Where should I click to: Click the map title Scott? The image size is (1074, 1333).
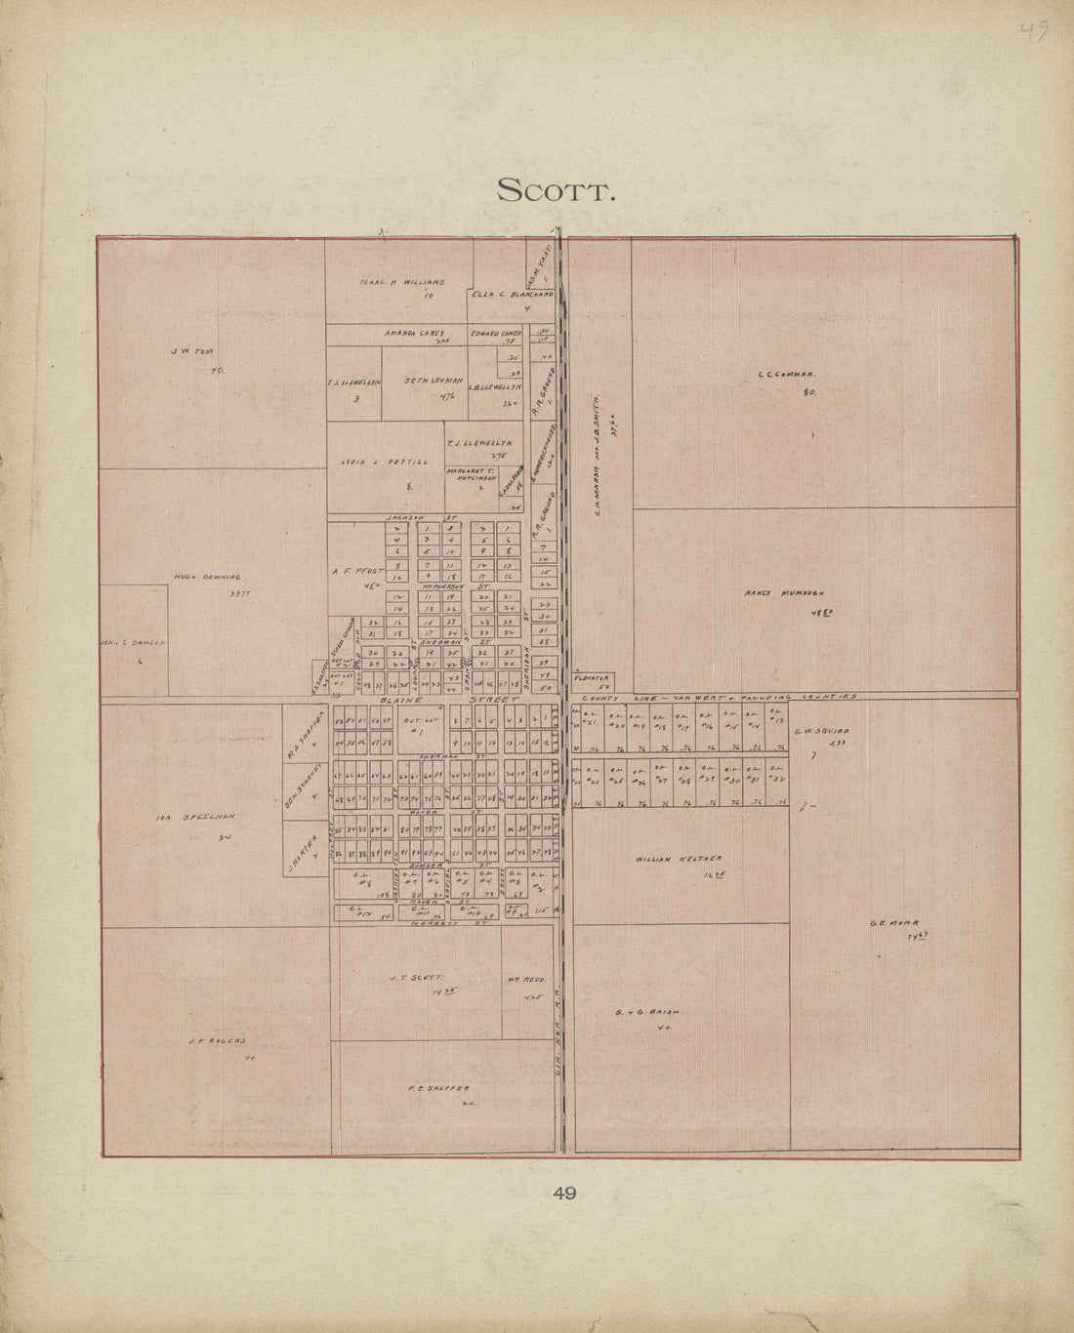(556, 190)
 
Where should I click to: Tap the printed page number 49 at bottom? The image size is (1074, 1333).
(563, 1192)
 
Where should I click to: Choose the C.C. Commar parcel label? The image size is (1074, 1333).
(786, 373)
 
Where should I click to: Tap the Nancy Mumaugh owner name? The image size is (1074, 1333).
(785, 592)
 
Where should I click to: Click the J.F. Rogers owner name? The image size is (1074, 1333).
(217, 1041)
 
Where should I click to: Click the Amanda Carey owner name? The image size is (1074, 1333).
(414, 333)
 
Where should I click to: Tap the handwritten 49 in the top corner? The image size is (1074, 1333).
(1034, 31)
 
